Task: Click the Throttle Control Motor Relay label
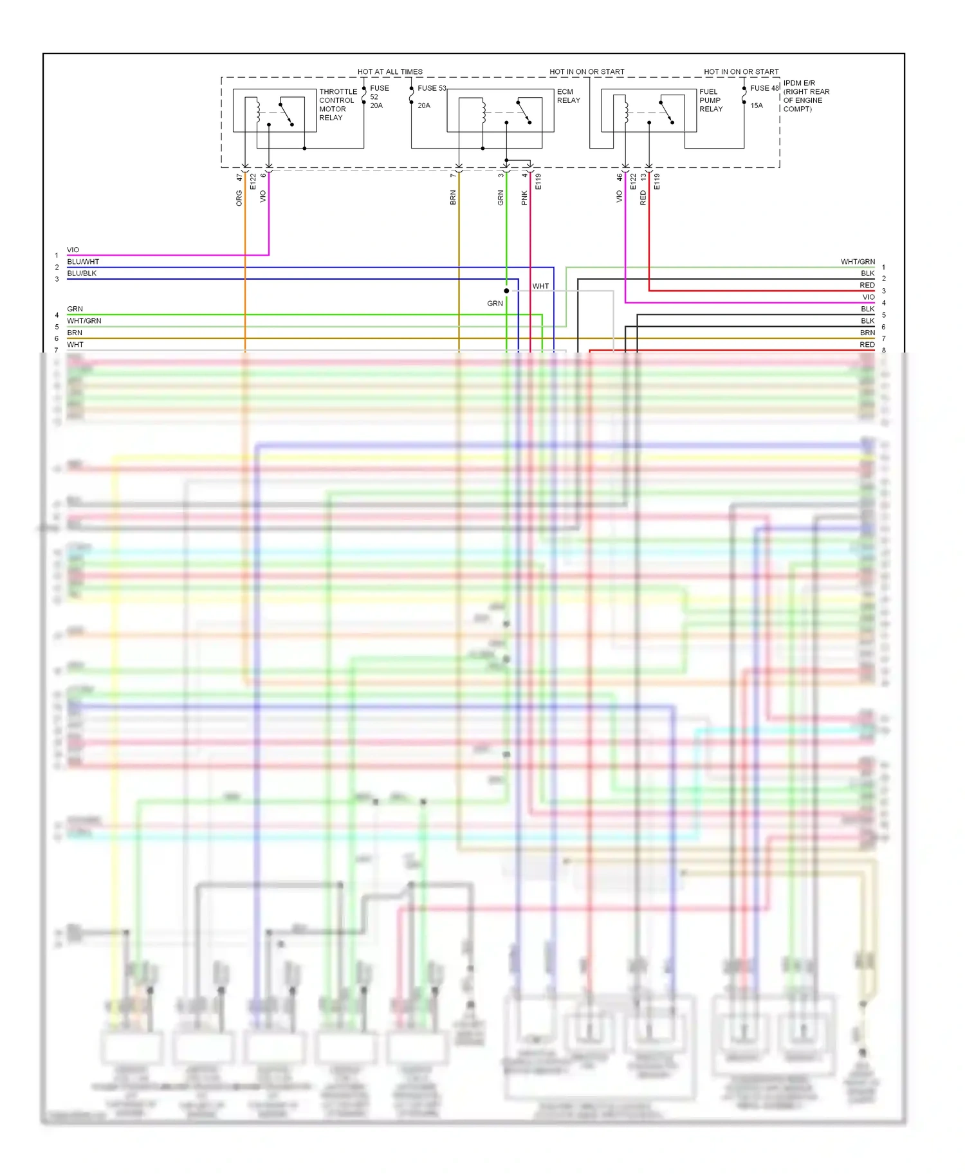(x=337, y=105)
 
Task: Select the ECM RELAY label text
(x=568, y=96)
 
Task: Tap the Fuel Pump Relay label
(x=710, y=100)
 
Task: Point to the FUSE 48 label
(x=764, y=88)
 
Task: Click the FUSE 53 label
(x=432, y=88)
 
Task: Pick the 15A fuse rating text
(x=757, y=106)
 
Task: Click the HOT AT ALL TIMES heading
(x=390, y=71)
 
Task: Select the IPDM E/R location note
(x=805, y=96)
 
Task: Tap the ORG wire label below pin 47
(x=239, y=198)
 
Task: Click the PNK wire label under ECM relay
(x=524, y=198)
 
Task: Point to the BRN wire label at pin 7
(x=453, y=198)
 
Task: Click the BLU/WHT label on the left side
(x=83, y=262)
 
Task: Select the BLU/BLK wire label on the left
(x=82, y=273)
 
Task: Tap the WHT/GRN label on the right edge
(x=858, y=262)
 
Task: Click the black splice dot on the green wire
(x=506, y=291)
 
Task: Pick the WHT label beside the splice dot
(x=540, y=286)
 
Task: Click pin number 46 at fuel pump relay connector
(x=620, y=176)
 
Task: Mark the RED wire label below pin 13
(x=643, y=198)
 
